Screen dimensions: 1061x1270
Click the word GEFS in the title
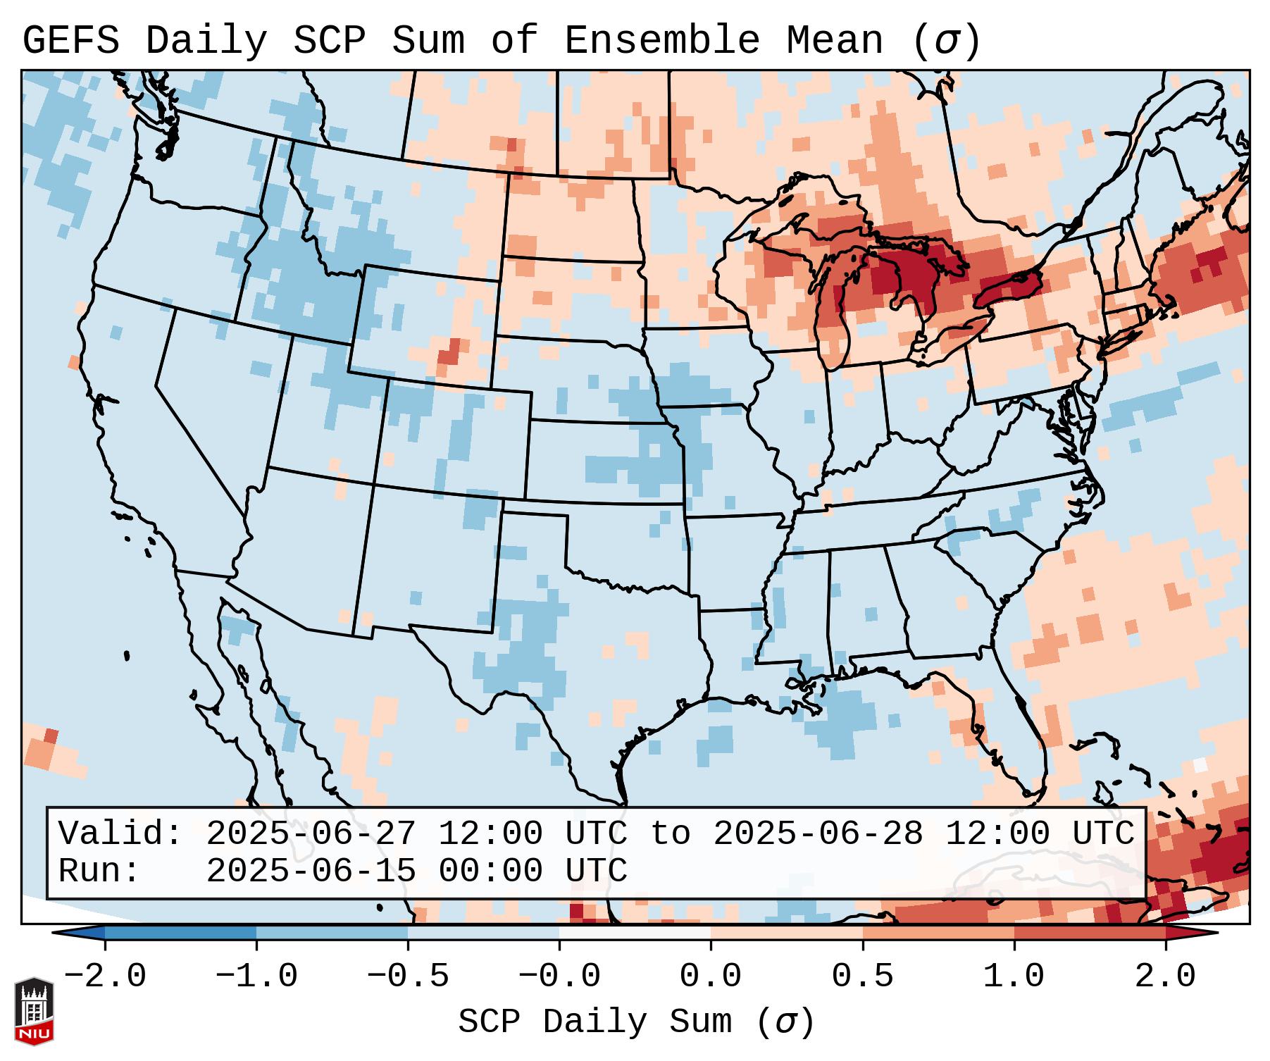(x=71, y=40)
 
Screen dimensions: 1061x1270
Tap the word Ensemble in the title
(x=661, y=40)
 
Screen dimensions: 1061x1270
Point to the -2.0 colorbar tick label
(x=105, y=976)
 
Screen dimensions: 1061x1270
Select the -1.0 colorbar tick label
(x=256, y=976)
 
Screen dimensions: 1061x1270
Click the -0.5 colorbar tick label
(x=408, y=976)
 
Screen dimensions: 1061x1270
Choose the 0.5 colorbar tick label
(x=862, y=976)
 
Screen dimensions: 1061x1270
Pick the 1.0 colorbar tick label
(x=1014, y=976)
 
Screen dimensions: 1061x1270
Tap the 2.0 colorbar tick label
(x=1165, y=976)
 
